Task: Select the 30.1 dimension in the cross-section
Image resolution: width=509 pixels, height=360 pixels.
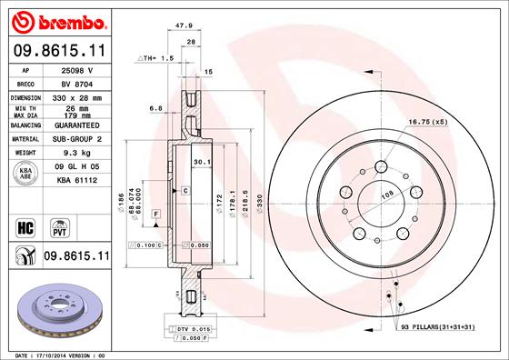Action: pos(202,164)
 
